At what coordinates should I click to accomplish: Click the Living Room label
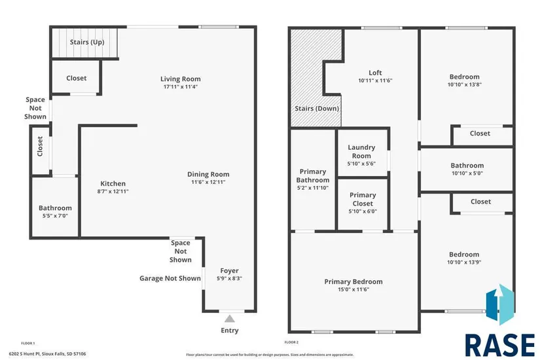[x=180, y=79]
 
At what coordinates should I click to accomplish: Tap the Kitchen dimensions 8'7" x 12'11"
[x=113, y=191]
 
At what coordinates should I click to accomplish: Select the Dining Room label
[x=208, y=174]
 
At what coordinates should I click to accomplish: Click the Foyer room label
[x=229, y=270]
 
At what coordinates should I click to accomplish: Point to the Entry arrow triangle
[x=229, y=319]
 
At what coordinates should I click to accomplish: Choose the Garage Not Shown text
[x=170, y=278]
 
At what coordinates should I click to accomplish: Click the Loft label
[x=375, y=73]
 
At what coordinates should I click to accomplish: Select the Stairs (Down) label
[x=317, y=108]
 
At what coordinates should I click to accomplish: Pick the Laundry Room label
[x=361, y=151]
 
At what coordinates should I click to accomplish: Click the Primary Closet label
[x=363, y=198]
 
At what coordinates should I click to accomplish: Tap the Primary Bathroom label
[x=313, y=176]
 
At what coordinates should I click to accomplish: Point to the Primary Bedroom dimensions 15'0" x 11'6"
[x=353, y=289]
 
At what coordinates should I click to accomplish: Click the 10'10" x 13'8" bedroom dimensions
[x=464, y=84]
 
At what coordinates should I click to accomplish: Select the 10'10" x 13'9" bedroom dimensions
[x=464, y=262]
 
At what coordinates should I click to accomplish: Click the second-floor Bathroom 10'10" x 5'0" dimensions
[x=467, y=173]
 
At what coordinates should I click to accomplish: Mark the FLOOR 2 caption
[x=291, y=342]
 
